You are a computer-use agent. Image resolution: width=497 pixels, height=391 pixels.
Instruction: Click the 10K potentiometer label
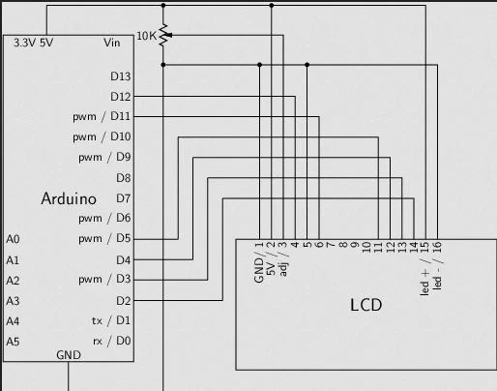click(x=145, y=36)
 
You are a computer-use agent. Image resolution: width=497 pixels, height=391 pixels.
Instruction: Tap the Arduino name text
click(x=68, y=198)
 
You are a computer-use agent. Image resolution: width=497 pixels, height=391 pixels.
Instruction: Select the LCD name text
click(x=365, y=305)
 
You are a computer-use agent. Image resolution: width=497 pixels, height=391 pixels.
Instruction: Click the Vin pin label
click(x=113, y=44)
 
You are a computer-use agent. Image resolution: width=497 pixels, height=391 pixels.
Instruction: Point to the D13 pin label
click(x=121, y=75)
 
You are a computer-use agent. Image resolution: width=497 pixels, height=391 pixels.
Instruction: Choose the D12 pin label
click(x=121, y=97)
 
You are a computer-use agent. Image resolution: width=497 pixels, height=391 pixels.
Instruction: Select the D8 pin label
click(x=124, y=178)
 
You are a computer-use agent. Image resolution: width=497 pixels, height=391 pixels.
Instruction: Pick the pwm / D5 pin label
click(x=104, y=239)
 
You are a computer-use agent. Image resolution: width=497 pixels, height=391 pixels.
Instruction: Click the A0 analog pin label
click(x=13, y=239)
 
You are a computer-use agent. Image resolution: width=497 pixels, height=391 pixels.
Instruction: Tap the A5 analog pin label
click(x=13, y=342)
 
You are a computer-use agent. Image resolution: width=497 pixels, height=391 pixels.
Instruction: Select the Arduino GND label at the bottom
click(x=69, y=355)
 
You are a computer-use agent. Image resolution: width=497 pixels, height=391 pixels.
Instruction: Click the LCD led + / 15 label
click(x=425, y=269)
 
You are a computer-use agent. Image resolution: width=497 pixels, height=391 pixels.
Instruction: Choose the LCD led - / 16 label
click(x=437, y=269)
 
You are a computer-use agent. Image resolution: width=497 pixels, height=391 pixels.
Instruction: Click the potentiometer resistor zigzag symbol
click(x=163, y=36)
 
